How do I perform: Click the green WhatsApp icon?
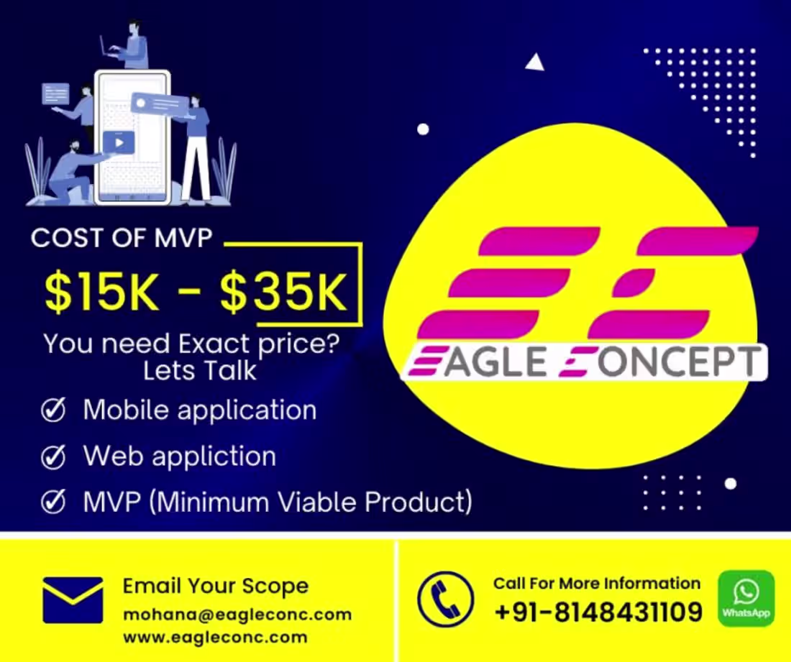(x=746, y=598)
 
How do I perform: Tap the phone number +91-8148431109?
(x=598, y=612)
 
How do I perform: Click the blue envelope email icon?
(x=73, y=599)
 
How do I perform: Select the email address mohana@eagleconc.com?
(x=237, y=615)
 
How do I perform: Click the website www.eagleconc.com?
(x=215, y=637)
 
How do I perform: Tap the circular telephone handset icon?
(x=445, y=599)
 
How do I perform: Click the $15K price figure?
(x=101, y=291)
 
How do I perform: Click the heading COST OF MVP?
(x=122, y=239)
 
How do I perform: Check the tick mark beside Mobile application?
(x=53, y=410)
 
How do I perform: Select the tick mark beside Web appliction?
(x=53, y=456)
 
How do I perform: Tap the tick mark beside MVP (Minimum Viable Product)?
(x=53, y=501)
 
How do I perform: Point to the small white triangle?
(x=534, y=63)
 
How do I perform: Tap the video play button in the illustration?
(x=118, y=142)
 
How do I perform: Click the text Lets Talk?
(x=199, y=371)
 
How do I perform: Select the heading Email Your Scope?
(x=215, y=586)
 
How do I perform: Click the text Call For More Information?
(x=596, y=583)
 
